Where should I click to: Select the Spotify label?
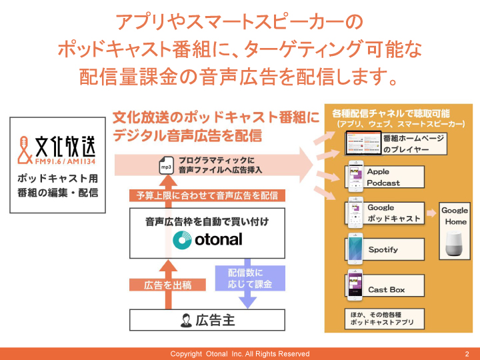pos(383,249)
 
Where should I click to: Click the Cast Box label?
pos(387,289)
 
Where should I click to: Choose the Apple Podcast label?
pos(383,177)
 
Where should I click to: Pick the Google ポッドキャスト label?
pos(393,213)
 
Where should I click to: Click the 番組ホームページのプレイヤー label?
pos(413,144)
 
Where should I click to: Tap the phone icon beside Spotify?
pos(353,247)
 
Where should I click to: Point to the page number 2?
pos(466,353)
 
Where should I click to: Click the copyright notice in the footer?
pos(240,353)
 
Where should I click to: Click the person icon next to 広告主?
pos(186,321)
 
